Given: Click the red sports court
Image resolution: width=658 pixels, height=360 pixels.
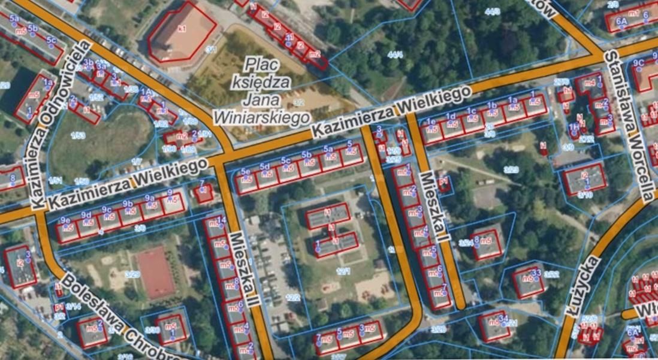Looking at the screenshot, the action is [x=155, y=273].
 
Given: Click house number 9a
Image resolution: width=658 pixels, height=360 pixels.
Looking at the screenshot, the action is [x=149, y=198].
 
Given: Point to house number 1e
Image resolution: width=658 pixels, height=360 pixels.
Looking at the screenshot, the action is [x=430, y=122].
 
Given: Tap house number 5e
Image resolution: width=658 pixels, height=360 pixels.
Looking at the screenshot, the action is [x=245, y=172].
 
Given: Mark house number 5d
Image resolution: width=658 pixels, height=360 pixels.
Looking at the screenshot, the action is [x=264, y=167].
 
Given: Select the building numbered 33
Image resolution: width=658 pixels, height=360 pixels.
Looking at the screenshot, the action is [x=536, y=273].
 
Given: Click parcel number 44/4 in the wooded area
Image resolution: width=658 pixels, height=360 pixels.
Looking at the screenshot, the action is [x=395, y=55].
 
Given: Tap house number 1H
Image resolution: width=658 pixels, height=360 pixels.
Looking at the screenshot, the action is [x=574, y=127].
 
